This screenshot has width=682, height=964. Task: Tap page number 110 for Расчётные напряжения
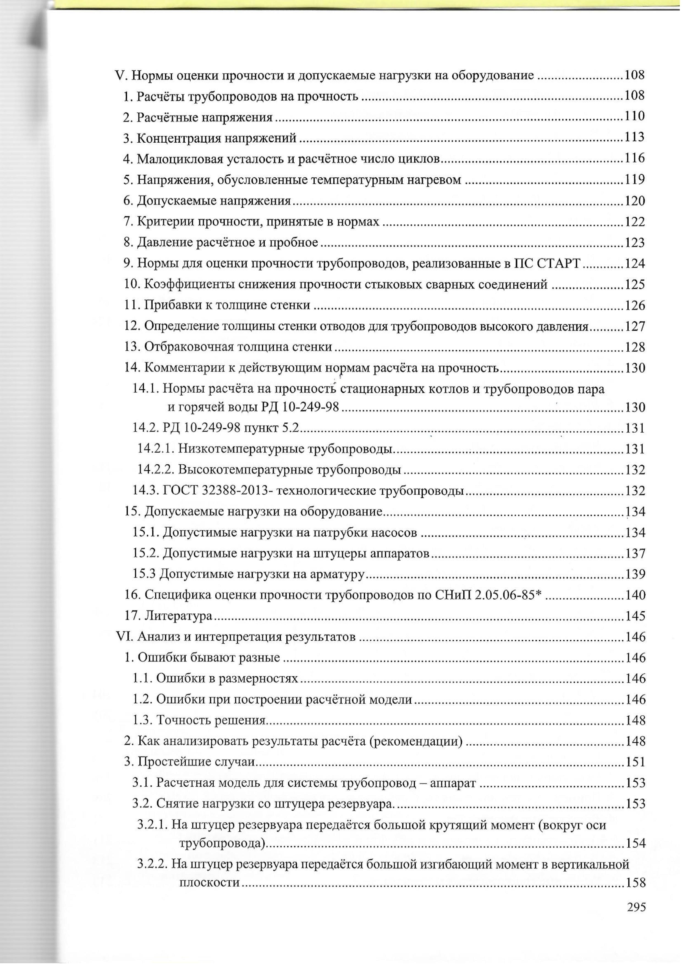click(x=634, y=116)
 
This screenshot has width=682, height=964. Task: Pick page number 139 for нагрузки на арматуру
click(x=634, y=574)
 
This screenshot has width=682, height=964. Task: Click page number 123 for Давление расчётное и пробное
click(x=634, y=243)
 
